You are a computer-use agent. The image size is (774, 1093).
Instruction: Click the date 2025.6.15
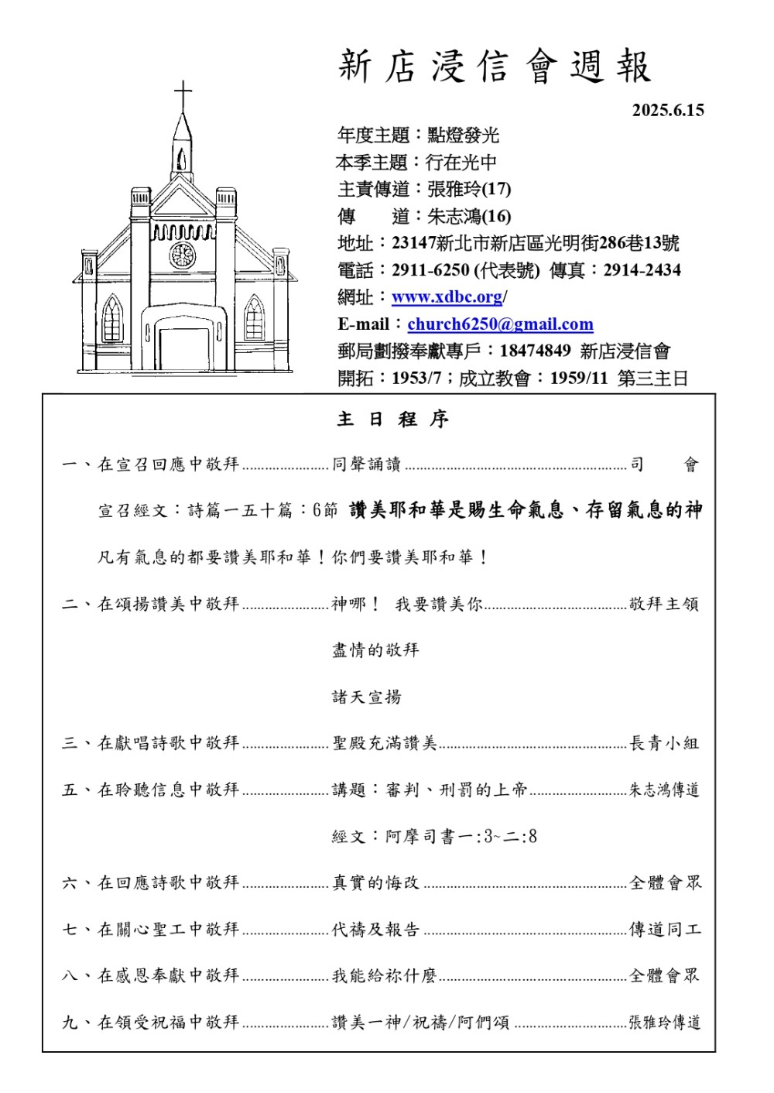(668, 110)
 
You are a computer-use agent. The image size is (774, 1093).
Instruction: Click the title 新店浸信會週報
(495, 67)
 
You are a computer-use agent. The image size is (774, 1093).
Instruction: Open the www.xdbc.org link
(447, 297)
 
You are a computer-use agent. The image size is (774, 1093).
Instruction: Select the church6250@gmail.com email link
(500, 324)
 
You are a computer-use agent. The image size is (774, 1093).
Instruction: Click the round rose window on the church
(183, 255)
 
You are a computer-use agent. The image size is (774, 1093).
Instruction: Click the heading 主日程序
(392, 420)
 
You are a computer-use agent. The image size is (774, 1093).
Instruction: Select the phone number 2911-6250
(430, 270)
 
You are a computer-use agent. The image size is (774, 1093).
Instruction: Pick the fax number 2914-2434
(642, 270)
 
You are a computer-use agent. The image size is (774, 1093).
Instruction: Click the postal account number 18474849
(535, 351)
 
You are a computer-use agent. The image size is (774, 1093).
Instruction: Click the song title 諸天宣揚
(367, 697)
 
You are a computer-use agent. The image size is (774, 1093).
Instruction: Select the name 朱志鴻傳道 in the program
(664, 790)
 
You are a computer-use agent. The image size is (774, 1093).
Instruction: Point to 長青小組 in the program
(664, 743)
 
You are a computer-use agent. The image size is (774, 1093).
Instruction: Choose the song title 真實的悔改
(375, 882)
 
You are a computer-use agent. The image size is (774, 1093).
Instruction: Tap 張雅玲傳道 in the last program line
(664, 1023)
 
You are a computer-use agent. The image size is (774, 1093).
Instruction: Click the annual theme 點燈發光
(463, 135)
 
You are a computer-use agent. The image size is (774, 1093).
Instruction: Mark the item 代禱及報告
(375, 929)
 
